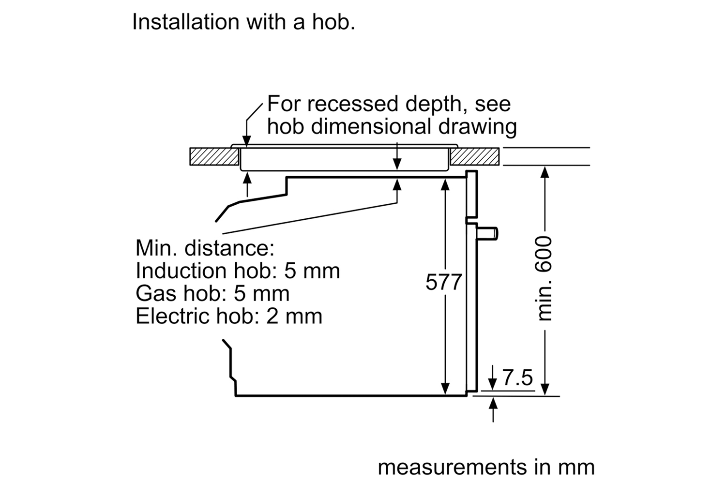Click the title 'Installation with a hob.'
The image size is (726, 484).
[x=243, y=22]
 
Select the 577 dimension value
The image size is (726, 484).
[x=443, y=282]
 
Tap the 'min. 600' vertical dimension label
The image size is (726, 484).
[x=544, y=278]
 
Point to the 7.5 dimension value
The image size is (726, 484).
[x=517, y=378]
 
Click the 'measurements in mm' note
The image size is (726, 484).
[x=486, y=467]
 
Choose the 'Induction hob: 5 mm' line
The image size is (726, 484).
[x=238, y=271]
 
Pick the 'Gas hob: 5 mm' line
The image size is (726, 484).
[x=212, y=293]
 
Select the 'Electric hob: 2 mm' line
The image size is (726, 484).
[x=229, y=316]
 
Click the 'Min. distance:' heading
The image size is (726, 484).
[x=205, y=248]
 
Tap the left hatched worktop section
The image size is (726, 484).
[x=214, y=157]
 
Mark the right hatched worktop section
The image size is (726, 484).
[x=475, y=157]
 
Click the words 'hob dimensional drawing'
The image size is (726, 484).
[x=392, y=126]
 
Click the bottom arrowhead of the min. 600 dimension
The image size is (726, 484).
[x=545, y=389]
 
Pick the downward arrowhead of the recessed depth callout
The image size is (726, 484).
[x=247, y=142]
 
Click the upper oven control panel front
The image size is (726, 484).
[x=471, y=194]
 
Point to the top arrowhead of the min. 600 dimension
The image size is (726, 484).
[x=545, y=172]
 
